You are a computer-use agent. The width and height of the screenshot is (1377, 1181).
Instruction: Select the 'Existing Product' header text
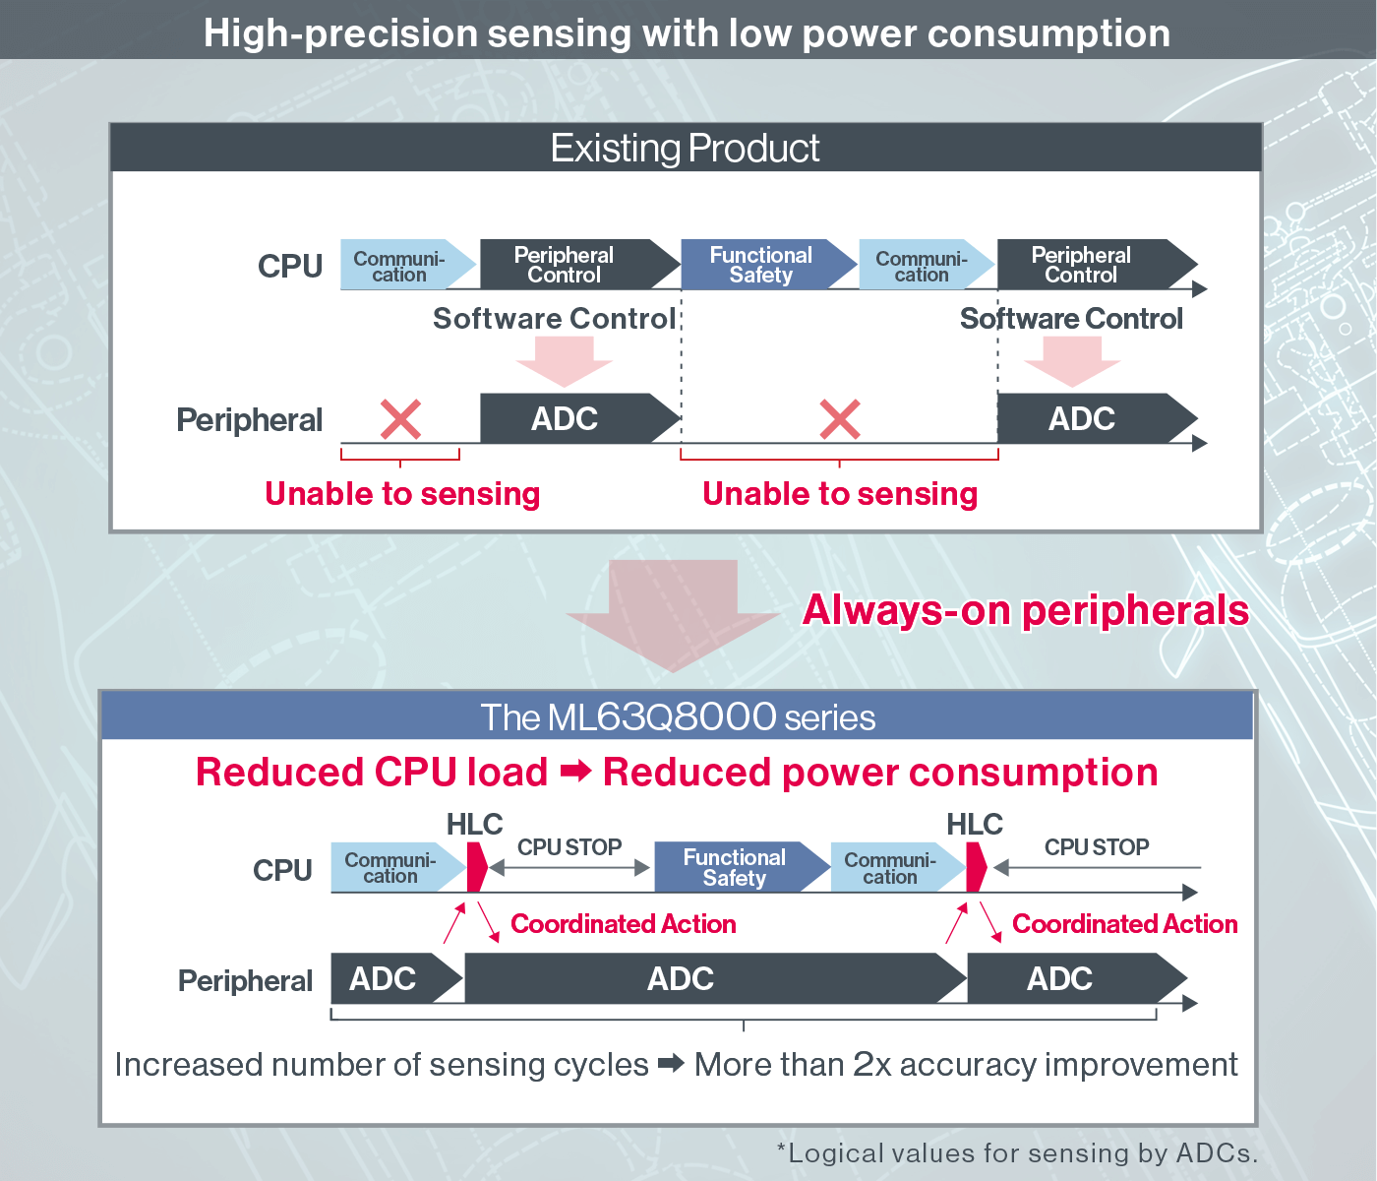[685, 148]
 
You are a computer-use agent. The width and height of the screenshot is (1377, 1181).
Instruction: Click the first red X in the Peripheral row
[400, 419]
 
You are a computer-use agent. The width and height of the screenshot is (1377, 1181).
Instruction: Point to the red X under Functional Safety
[839, 419]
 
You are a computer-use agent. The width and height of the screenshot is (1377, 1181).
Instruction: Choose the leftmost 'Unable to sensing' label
[402, 494]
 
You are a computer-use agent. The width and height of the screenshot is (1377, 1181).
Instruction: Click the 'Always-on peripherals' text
[1025, 609]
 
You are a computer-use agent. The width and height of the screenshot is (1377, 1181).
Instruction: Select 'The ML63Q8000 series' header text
[678, 717]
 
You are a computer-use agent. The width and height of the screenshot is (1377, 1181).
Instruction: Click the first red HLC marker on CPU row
[476, 867]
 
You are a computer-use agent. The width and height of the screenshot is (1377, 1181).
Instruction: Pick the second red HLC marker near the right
[976, 867]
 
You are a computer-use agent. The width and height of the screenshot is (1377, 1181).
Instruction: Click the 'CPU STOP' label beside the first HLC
[569, 847]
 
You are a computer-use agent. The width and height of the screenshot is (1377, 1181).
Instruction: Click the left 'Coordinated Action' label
[623, 924]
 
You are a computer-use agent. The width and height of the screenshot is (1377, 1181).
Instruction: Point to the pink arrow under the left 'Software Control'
[565, 361]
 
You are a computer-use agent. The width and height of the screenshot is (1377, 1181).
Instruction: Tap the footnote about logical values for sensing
[1017, 1153]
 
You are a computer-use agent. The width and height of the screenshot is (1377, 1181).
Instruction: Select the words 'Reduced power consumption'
[880, 773]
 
